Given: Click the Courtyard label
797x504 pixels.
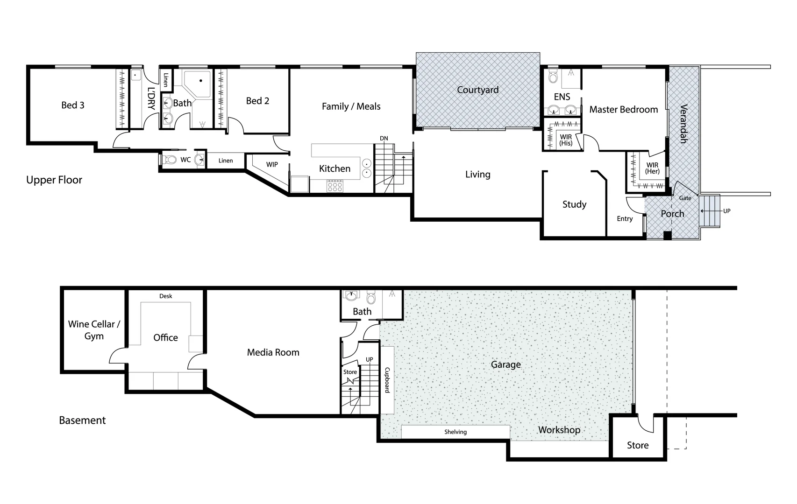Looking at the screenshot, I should tap(477, 90).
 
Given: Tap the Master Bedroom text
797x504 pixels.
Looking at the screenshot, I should tap(623, 110).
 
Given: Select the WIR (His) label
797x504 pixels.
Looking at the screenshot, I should tap(566, 140).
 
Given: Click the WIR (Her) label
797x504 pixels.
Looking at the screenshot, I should tap(652, 168).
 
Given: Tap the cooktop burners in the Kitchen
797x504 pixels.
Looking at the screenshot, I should tap(335, 187).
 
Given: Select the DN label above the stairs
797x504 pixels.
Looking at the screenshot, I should tap(384, 139).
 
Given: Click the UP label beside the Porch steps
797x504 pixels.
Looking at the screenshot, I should tap(726, 211).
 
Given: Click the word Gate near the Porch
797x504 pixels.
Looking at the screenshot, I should tap(685, 198).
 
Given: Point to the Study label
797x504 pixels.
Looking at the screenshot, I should tap(574, 204).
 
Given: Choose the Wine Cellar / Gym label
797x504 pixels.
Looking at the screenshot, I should tap(94, 330).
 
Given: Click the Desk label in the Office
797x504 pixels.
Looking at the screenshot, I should tap(165, 296).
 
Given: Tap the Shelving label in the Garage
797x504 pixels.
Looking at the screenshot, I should tap(455, 432).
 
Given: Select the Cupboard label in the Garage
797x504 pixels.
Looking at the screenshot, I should tap(387, 380).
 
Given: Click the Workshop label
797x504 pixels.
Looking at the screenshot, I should tap(559, 430).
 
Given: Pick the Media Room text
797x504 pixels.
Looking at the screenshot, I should tap(273, 353).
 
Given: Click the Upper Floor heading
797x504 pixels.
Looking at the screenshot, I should tap(54, 180).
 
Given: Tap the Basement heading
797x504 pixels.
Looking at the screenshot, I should tap(82, 420).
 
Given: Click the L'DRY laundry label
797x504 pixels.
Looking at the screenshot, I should tap(151, 98).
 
